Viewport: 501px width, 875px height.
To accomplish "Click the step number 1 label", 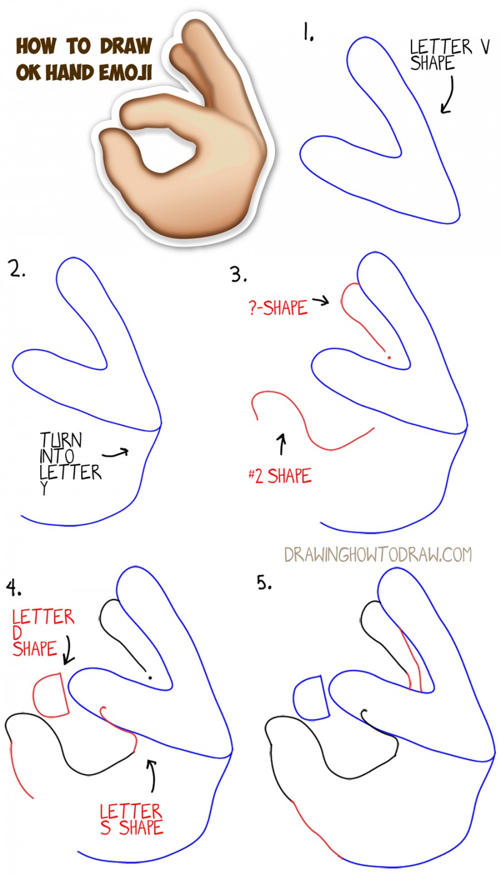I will point(308,32).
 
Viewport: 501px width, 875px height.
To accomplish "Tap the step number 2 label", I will point(17,269).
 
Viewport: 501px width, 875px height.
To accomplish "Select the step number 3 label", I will point(238,274).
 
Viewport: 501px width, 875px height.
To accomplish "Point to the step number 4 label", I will point(13,587).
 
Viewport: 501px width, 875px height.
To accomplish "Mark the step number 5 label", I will point(264,583).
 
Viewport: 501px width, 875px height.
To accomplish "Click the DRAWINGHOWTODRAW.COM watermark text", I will point(377,555).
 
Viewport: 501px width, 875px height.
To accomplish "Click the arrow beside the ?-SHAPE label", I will point(321,301).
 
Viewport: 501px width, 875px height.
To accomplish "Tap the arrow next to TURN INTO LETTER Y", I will point(116,453).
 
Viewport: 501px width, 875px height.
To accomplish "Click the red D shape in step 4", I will point(51,695).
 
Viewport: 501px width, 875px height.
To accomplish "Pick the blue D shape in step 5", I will point(311,699).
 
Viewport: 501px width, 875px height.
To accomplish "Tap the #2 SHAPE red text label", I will point(280,476).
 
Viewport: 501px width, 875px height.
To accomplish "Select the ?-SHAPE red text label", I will point(278,308).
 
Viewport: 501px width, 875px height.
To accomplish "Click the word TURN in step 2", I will point(61,440).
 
